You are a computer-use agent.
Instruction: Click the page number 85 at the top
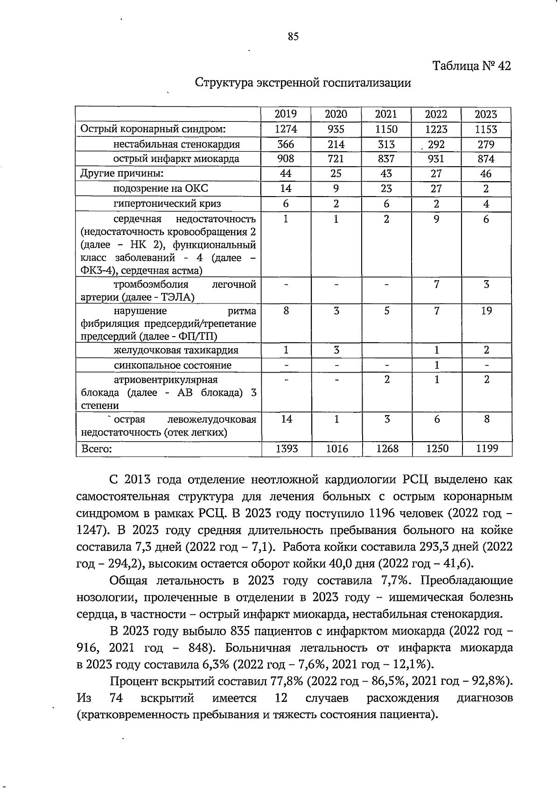click(x=293, y=37)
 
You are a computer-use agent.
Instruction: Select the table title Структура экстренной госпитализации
click(x=303, y=83)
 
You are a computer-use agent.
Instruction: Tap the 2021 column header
click(x=386, y=114)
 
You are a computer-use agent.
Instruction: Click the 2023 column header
click(x=486, y=114)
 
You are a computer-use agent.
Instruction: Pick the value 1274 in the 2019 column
click(x=286, y=129)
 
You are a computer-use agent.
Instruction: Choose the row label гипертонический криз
click(x=168, y=204)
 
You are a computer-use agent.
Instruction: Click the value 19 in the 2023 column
click(x=486, y=311)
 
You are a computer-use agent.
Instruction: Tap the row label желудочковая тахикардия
click(x=176, y=350)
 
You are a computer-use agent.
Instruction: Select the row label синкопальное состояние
click(x=173, y=365)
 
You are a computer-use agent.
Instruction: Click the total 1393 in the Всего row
click(x=287, y=449)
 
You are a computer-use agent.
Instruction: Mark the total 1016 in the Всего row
click(x=336, y=449)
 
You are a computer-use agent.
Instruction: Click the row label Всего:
click(x=97, y=449)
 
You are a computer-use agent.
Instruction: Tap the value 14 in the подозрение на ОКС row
click(x=286, y=189)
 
